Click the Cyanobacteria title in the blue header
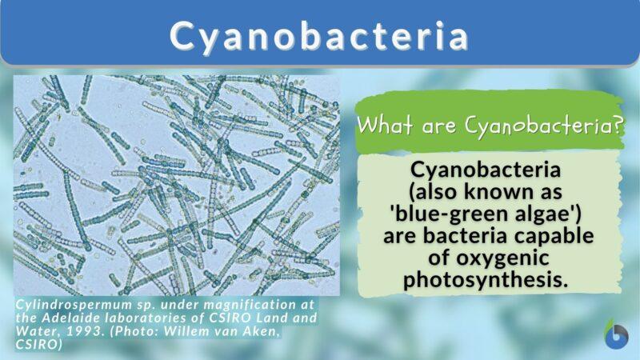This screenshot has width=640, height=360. [x=319, y=37]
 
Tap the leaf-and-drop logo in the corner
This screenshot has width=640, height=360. [x=617, y=334]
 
